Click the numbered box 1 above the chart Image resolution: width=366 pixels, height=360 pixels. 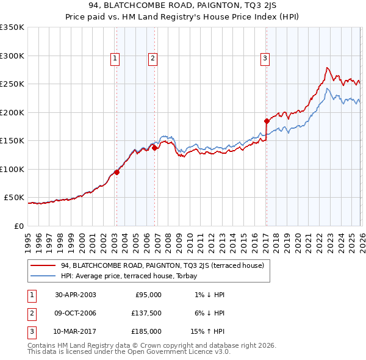coord(115,59)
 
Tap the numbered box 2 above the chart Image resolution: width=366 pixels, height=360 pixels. coord(152,59)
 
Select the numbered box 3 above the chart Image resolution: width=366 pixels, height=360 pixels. coord(265,59)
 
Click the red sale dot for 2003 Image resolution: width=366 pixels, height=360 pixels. coord(117,172)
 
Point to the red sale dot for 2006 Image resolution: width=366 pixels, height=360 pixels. coord(154,147)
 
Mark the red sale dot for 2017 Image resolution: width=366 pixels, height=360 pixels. coord(267,121)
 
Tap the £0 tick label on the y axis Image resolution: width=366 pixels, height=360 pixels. coord(18,226)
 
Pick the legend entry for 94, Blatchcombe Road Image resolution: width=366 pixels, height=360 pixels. coord(162,265)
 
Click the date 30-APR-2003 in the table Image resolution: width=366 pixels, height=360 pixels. coord(75,295)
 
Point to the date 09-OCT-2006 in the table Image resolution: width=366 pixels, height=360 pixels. coord(75,313)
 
